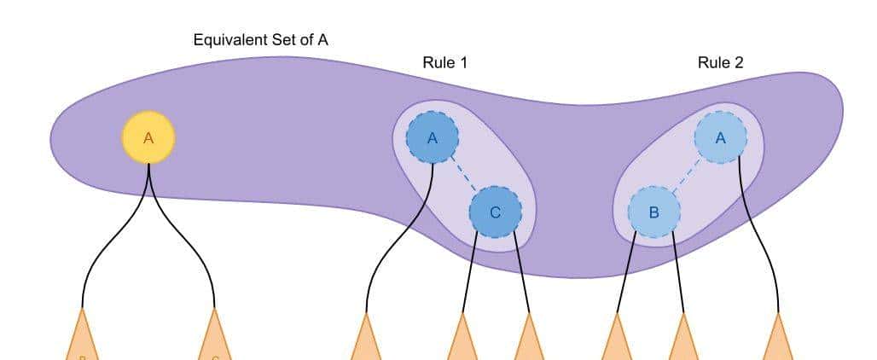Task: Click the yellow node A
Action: (x=148, y=137)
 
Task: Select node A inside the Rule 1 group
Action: (x=433, y=137)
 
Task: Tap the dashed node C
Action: (x=495, y=212)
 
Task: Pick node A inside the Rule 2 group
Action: (x=720, y=137)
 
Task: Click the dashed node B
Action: (x=653, y=212)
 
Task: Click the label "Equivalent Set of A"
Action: (x=260, y=39)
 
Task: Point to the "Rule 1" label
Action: (x=444, y=62)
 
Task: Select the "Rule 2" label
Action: (x=720, y=62)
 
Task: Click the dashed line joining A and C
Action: (x=463, y=175)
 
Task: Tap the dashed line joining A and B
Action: (x=687, y=175)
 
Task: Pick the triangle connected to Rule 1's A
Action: (x=366, y=340)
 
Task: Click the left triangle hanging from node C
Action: (x=462, y=340)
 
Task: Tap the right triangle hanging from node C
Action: (x=529, y=340)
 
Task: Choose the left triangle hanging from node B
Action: (x=617, y=340)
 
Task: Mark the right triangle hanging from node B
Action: (x=683, y=340)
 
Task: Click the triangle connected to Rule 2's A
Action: (x=778, y=340)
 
